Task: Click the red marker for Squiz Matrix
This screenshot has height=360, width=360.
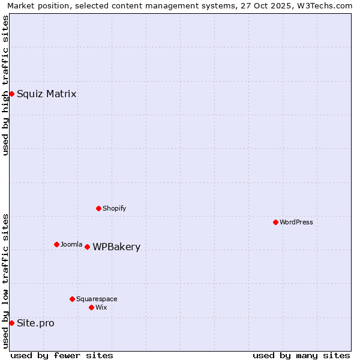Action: coord(11,94)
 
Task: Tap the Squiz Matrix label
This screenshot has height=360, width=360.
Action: coord(46,94)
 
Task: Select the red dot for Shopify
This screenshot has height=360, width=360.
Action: coord(99,208)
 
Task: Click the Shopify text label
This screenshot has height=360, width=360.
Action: coord(114,208)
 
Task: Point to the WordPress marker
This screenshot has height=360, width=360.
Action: coord(275,222)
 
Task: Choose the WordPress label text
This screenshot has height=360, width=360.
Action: coord(296,222)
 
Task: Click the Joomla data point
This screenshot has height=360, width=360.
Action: coord(56,244)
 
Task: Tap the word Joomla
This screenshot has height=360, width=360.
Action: coord(71,244)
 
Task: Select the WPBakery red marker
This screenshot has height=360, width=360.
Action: coord(87,247)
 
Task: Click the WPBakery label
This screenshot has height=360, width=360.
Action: coord(116,247)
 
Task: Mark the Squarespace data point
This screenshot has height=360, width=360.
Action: coord(72,299)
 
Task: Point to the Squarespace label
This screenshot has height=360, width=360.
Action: coord(97,299)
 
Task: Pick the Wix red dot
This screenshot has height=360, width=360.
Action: coord(91,307)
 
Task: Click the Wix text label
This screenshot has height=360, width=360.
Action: coord(101,307)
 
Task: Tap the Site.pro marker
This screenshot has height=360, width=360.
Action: coord(11,323)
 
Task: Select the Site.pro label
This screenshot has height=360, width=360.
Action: coord(35,323)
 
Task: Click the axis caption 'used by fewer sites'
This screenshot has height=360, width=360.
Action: coord(62,355)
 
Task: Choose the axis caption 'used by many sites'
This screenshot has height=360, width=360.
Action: coord(301,355)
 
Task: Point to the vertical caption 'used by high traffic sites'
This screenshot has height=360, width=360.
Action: coord(5,85)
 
